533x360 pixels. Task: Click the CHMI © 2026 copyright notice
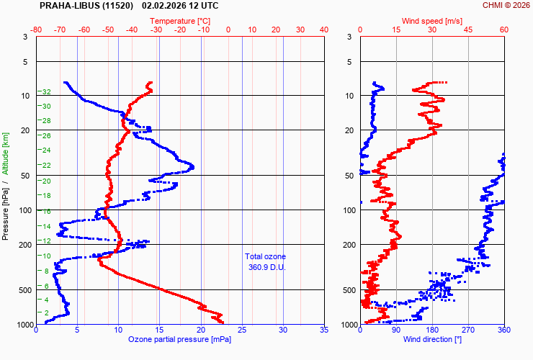click(506, 5)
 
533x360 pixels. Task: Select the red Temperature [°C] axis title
click(181, 21)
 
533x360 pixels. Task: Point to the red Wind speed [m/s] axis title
click(431, 21)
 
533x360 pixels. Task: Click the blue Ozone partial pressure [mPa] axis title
click(180, 339)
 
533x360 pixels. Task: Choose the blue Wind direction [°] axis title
click(432, 339)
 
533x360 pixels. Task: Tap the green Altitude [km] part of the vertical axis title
click(5, 153)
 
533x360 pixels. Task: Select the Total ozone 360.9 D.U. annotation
click(265, 262)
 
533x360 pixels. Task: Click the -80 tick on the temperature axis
click(37, 30)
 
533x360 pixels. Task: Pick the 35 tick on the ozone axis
click(324, 331)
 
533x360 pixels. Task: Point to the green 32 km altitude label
click(46, 92)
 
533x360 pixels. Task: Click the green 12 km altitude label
click(46, 240)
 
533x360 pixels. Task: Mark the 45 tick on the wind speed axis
click(468, 30)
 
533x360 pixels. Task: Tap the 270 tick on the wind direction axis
click(468, 331)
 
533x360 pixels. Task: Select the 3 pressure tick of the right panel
click(349, 37)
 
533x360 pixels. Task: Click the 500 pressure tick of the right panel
click(346, 290)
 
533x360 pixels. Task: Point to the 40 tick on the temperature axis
click(324, 30)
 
